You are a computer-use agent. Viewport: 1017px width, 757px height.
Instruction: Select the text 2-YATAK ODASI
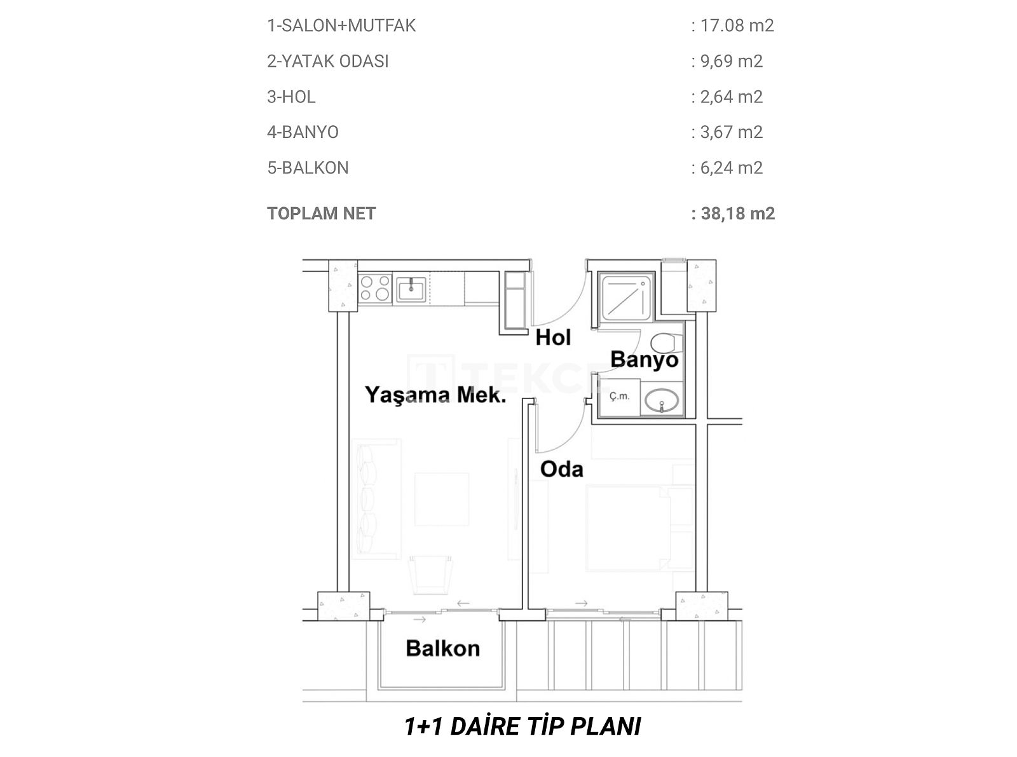point(327,61)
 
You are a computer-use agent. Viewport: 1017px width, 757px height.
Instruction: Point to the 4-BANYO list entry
point(303,132)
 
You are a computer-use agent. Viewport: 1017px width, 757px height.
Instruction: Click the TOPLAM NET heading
point(321,214)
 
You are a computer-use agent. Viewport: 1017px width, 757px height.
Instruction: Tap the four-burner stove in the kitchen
point(375,288)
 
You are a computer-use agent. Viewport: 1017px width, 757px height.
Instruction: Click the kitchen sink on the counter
point(411,289)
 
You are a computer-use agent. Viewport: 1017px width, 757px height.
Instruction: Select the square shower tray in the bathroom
point(626,297)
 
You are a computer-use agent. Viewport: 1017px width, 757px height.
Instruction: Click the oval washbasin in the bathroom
point(661,400)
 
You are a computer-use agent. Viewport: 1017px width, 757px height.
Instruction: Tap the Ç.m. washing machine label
point(619,396)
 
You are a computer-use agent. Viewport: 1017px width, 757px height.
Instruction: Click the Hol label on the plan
point(553,338)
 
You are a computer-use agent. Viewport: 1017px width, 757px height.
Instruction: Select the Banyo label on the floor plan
point(645,360)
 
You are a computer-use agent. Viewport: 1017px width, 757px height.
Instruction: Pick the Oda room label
point(562,469)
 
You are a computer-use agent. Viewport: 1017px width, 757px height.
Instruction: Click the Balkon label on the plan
point(443,648)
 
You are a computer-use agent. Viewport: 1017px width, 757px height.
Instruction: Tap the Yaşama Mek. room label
point(435,395)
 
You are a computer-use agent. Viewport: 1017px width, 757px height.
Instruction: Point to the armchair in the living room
point(430,575)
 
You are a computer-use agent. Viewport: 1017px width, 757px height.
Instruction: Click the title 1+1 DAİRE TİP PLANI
point(522,726)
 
